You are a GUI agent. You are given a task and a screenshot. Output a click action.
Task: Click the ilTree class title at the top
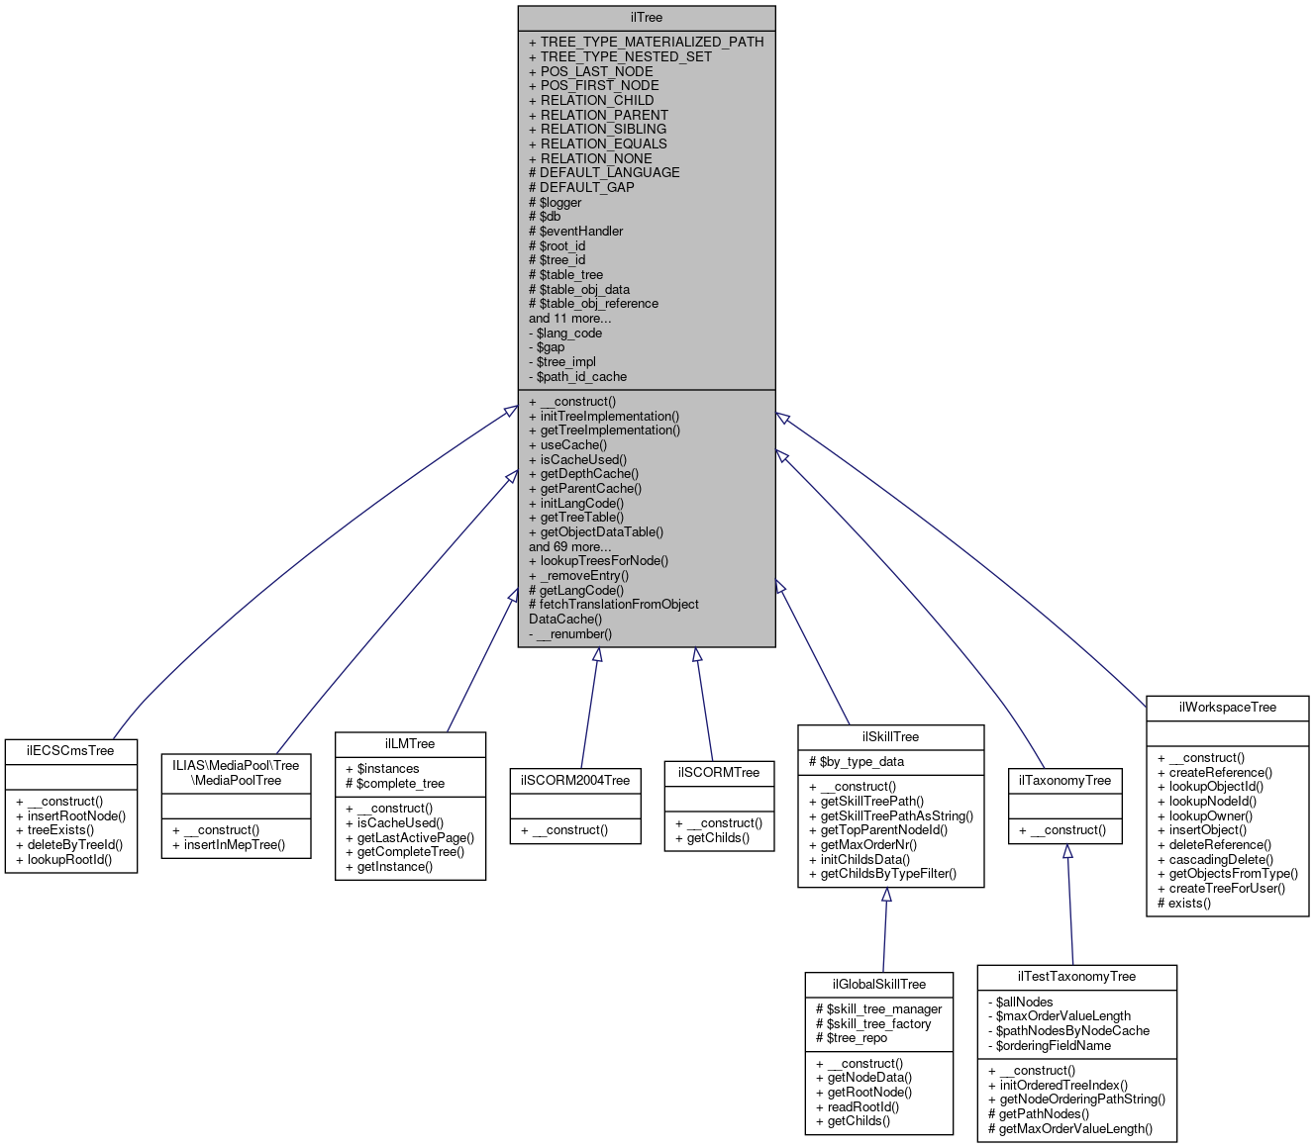click(x=646, y=18)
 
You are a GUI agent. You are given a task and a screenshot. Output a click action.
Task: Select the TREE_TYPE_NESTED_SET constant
click(x=626, y=56)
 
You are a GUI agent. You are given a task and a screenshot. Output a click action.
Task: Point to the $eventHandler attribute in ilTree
click(x=581, y=231)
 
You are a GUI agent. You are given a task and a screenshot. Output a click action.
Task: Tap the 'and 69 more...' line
click(x=569, y=546)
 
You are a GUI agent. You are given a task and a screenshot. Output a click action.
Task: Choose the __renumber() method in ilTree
click(x=574, y=633)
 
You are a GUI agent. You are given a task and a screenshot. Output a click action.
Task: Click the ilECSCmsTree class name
click(x=70, y=751)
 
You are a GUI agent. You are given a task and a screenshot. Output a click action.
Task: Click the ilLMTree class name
click(x=410, y=744)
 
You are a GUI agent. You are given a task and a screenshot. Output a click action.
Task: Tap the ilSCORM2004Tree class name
click(x=575, y=780)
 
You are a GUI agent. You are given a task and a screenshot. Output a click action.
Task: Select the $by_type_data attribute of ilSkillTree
click(x=861, y=762)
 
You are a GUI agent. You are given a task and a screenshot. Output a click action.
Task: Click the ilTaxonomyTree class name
click(x=1065, y=781)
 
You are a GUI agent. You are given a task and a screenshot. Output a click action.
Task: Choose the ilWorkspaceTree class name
click(x=1228, y=708)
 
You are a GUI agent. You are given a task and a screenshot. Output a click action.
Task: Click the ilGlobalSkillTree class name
click(x=879, y=985)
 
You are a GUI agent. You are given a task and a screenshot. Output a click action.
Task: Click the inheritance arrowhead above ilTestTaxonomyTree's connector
click(x=1067, y=851)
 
